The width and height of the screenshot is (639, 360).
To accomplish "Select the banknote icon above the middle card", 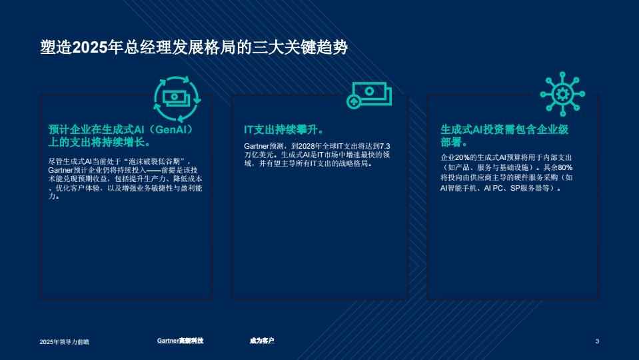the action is tap(369, 95).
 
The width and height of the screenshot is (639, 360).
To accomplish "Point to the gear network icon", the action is tap(562, 94).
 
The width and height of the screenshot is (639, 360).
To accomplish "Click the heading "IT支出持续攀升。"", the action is tap(284, 129).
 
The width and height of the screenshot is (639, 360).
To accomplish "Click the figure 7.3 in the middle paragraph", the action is tap(384, 146).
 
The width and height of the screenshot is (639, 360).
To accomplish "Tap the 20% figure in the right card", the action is tap(462, 157).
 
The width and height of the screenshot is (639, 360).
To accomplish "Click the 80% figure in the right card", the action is tap(565, 167).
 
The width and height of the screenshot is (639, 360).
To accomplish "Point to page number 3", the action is tap(597, 341).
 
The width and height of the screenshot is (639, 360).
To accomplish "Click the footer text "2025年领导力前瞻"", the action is tap(65, 341).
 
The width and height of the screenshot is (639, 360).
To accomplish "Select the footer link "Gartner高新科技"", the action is tap(180, 341).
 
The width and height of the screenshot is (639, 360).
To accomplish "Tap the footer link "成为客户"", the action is tap(262, 341).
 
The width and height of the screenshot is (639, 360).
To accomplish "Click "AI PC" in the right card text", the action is tap(493, 188).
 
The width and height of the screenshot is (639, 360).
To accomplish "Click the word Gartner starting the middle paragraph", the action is tap(257, 146).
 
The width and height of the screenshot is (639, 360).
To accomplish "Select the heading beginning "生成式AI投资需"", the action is tap(504, 136).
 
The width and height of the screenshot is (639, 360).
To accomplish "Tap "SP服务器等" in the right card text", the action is tap(529, 188).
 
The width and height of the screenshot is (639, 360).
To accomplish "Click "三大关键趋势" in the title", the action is tap(300, 48).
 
